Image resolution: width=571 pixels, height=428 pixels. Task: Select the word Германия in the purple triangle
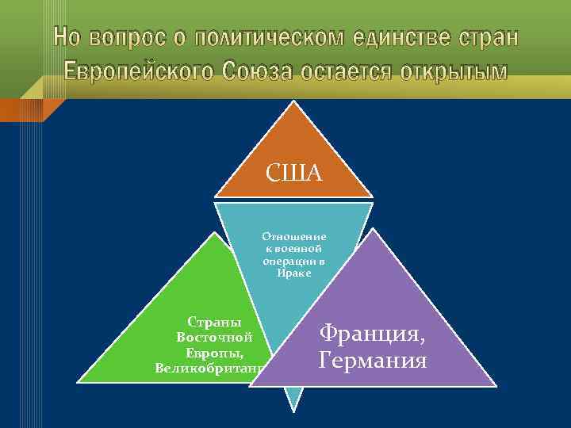(x=372, y=361)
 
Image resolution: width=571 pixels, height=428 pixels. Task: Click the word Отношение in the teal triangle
(x=294, y=236)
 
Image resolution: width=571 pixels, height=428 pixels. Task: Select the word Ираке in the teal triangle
(x=294, y=273)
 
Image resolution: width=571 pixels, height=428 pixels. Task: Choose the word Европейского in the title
(x=136, y=71)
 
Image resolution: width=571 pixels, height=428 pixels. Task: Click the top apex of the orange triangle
(x=294, y=103)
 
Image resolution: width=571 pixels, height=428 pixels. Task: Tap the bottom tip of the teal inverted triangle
(x=294, y=411)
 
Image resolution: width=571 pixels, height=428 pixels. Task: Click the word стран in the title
(x=489, y=37)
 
